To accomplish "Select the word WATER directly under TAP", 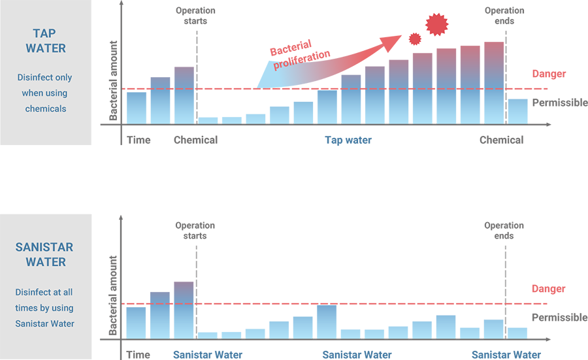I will coord(45,48).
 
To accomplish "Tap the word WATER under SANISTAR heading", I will coord(45,262).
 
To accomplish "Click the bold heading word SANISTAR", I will coord(44,248).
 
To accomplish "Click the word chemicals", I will coord(45,108).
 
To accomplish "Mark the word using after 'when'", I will coord(57,93).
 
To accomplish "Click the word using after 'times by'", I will coord(61,308).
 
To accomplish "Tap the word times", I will coord(27,308).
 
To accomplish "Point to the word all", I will coord(67,292).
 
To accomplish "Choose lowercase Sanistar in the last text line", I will coord(33,323).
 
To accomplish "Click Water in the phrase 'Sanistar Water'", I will coord(63,323).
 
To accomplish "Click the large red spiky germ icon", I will coord(437,24).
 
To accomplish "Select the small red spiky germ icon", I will coord(414,39).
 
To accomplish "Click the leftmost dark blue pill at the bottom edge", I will coord(208,353).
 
